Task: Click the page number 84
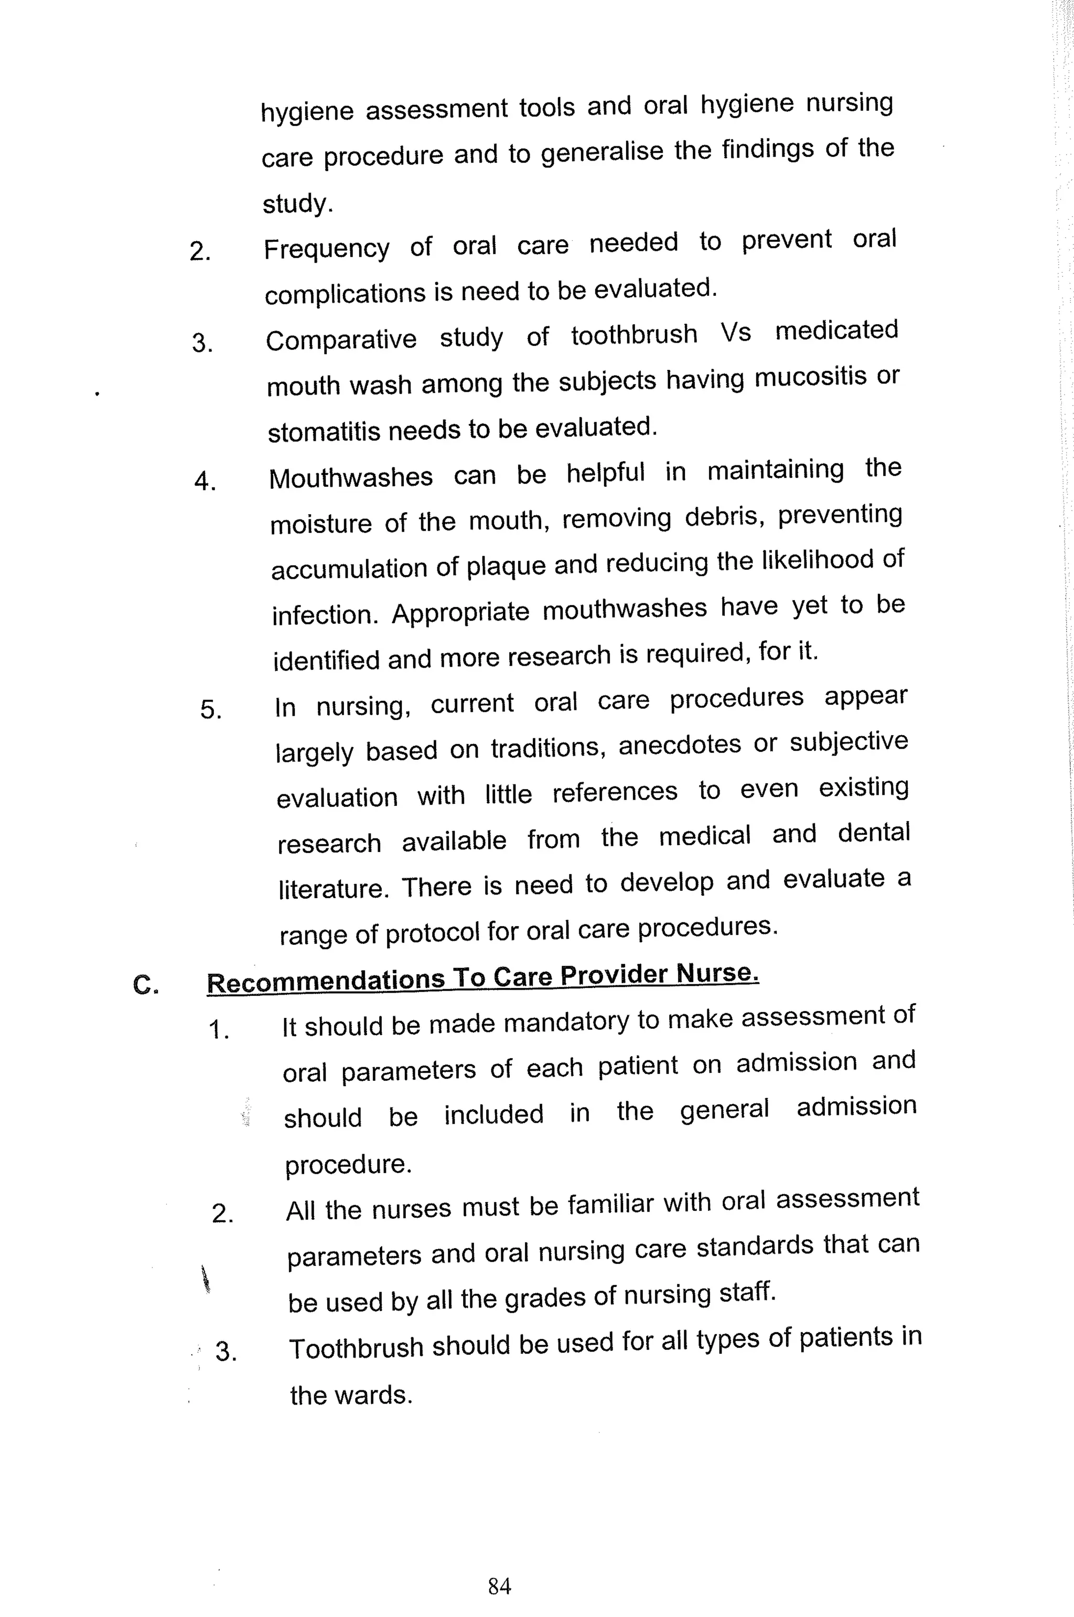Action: [x=499, y=1585]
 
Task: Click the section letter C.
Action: [x=145, y=985]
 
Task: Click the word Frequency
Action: [x=327, y=249]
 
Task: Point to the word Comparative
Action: [x=341, y=340]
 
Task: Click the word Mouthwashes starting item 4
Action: [x=351, y=477]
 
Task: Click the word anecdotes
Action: [x=680, y=745]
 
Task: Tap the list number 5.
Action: [x=210, y=709]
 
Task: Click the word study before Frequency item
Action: [x=297, y=204]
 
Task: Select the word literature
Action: [x=333, y=889]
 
